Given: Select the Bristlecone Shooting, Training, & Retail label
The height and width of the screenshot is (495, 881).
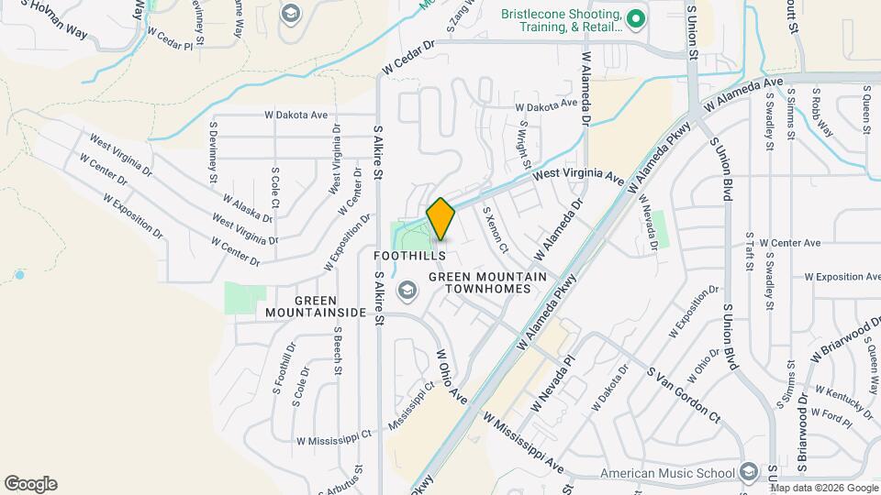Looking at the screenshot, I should click(562, 20).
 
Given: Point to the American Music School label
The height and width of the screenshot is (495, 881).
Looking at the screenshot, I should click(668, 473).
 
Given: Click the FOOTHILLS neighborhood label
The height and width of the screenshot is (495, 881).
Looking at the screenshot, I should click(410, 255).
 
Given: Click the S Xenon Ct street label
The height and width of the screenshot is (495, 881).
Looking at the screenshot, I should click(502, 229).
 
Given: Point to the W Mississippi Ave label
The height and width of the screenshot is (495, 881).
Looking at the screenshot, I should click(524, 443).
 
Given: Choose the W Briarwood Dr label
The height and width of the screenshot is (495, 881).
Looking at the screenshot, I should click(844, 341).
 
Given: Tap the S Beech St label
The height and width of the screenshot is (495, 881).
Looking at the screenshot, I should click(338, 350).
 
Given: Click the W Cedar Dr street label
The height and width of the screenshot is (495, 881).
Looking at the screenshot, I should click(407, 58).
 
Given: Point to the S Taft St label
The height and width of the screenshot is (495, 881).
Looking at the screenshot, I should click(750, 252).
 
